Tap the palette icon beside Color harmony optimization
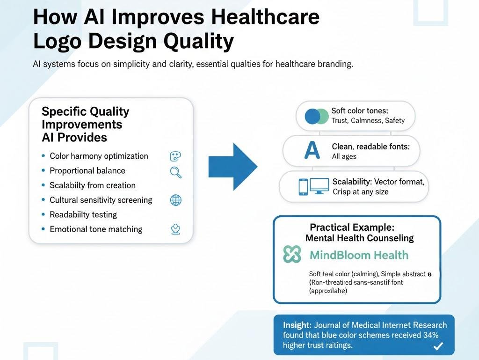pyautogui.click(x=175, y=156)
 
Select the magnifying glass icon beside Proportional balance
pyautogui.click(x=175, y=172)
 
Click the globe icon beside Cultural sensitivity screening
pyautogui.click(x=175, y=200)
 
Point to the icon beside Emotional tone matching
pyautogui.click(x=175, y=229)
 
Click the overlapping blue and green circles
pyautogui.click(x=317, y=116)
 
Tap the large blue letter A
pyautogui.click(x=312, y=150)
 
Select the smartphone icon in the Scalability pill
pyautogui.click(x=303, y=187)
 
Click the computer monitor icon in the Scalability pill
pyautogui.click(x=320, y=186)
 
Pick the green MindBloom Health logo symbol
pyautogui.click(x=292, y=255)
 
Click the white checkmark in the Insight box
pyautogui.click(x=438, y=346)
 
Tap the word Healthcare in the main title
pyautogui.click(x=265, y=17)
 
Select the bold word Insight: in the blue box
pyautogui.click(x=297, y=325)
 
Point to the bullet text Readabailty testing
pyautogui.click(x=83, y=214)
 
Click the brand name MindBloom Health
pyautogui.click(x=359, y=255)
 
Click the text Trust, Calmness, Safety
pyautogui.click(x=368, y=120)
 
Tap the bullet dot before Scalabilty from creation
pyautogui.click(x=44, y=185)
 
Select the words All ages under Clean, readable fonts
pyautogui.click(x=344, y=156)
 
